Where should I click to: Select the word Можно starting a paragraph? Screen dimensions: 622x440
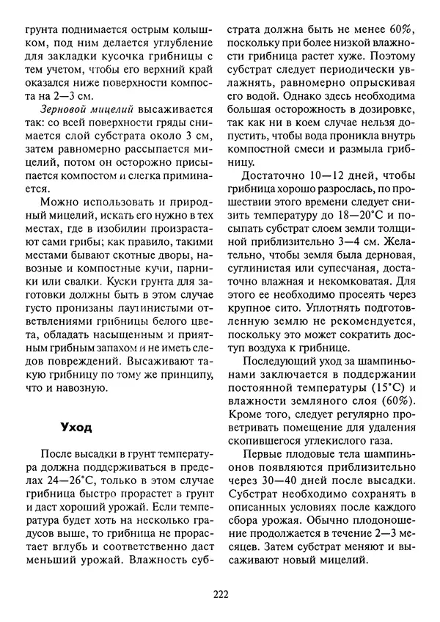pyautogui.click(x=58, y=202)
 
